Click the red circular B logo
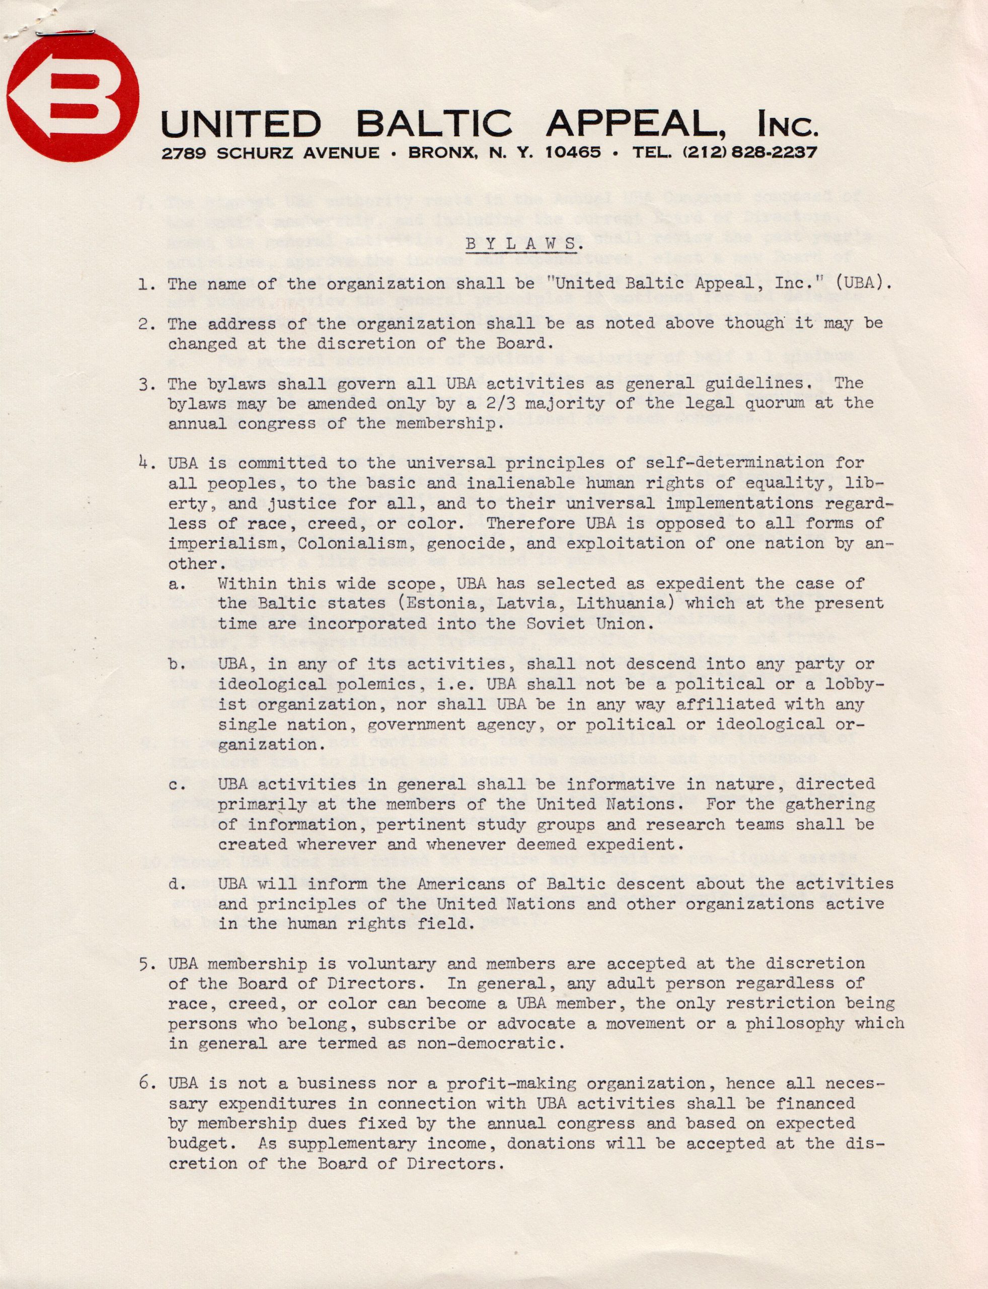click(73, 97)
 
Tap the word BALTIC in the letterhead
click(434, 124)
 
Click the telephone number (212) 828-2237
click(749, 153)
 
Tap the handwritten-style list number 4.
click(146, 463)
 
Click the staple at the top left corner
click(65, 33)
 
